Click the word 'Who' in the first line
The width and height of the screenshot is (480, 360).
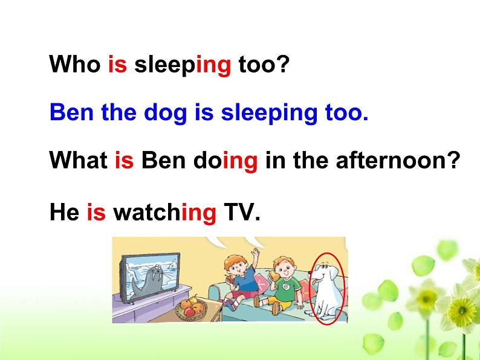pos(74,64)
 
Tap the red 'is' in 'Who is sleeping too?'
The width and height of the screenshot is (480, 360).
pos(117,64)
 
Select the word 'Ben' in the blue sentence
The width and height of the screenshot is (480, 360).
pos(70,112)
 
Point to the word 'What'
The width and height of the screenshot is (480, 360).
pos(78,161)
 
